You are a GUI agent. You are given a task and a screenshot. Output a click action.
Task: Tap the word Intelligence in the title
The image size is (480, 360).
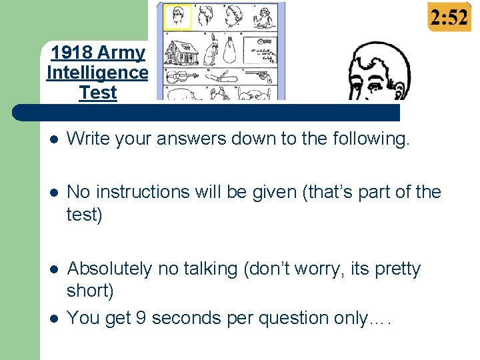(97, 73)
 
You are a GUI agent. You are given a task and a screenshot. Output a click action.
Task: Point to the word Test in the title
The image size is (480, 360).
(97, 93)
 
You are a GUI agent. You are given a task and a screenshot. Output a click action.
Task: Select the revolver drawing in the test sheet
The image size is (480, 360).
(260, 76)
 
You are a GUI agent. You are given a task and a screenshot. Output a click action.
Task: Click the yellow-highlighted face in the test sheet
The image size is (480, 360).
(177, 18)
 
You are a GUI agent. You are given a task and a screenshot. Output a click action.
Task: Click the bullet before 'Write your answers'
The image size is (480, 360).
(53, 139)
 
